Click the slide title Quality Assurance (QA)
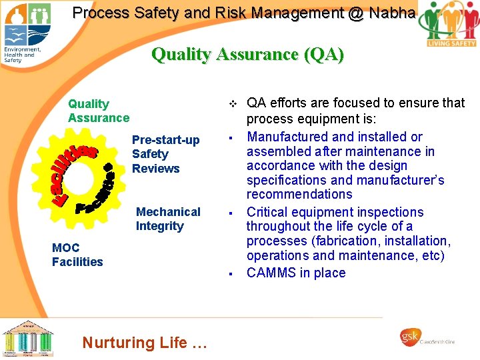[247, 54]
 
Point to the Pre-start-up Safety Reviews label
[165, 154]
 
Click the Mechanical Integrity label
[167, 219]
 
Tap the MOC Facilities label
[77, 255]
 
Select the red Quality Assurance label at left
[98, 111]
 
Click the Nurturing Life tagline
[145, 343]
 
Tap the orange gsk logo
[409, 337]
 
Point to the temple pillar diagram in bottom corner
[28, 338]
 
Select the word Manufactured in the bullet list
[287, 137]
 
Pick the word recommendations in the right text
[299, 194]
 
